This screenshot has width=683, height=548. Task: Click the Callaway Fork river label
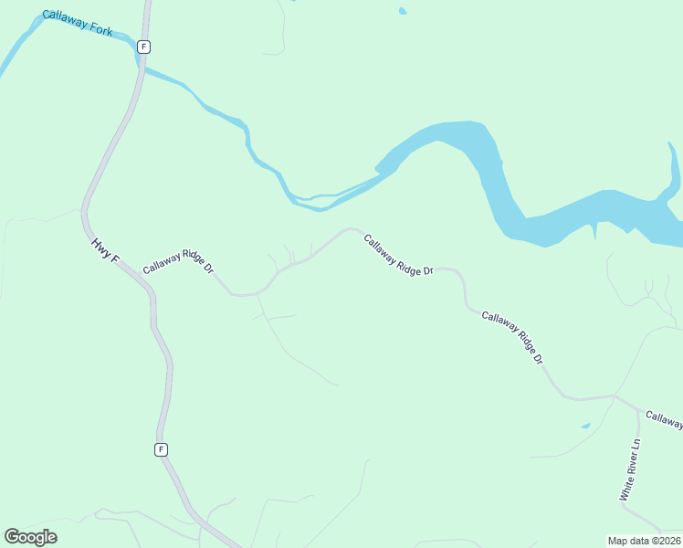[x=77, y=24]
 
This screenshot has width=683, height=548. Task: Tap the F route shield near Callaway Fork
[x=143, y=46]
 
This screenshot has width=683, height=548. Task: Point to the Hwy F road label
[x=105, y=251]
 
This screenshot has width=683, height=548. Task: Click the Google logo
[x=30, y=536]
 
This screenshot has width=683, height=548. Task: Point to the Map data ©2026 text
[x=643, y=541]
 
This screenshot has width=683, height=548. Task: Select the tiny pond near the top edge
[x=402, y=12]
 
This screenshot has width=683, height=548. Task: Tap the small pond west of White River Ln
[x=585, y=426]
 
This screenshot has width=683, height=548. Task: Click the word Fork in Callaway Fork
[x=100, y=29]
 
